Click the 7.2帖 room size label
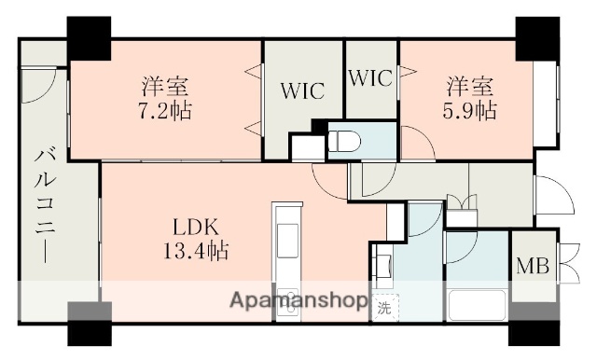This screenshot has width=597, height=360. tap(166, 110)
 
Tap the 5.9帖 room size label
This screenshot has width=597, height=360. tap(470, 110)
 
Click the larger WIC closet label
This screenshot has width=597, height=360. tap(303, 91)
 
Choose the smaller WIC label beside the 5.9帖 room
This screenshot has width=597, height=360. tap(371, 79)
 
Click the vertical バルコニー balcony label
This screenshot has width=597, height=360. tap(44, 205)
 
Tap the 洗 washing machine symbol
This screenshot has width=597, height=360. tap(384, 306)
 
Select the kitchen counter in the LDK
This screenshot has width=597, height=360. tap(285, 261)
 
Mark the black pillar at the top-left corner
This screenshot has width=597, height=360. tap(89, 37)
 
